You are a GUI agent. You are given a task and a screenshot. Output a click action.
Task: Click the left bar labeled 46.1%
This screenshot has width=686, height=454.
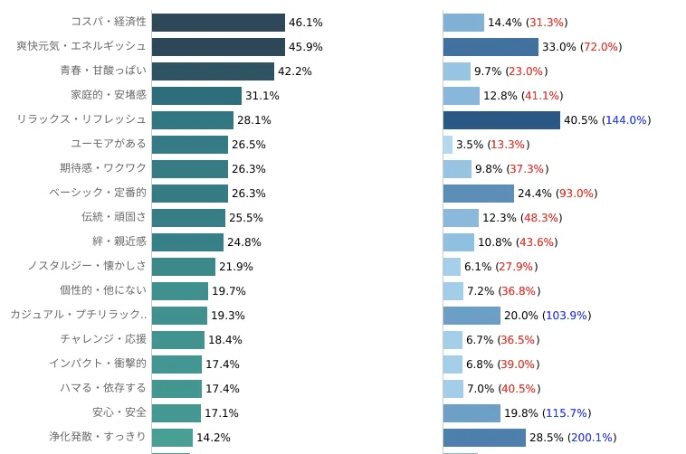(218, 23)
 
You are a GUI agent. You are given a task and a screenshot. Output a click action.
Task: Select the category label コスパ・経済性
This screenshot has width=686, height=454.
(109, 22)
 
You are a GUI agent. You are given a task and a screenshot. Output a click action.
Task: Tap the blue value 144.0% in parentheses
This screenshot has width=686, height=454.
(626, 120)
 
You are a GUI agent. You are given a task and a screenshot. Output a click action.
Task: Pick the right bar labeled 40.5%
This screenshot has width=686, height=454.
(501, 120)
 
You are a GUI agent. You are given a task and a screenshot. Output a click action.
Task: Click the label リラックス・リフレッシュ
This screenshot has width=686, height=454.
(81, 119)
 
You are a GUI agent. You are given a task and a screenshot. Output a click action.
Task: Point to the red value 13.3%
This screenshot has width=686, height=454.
(508, 145)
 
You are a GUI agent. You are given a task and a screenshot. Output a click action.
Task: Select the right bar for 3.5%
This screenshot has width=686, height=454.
(448, 145)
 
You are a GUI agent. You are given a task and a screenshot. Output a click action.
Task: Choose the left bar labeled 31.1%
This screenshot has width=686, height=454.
(197, 96)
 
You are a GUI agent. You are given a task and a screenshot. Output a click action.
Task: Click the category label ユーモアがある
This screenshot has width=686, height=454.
(109, 144)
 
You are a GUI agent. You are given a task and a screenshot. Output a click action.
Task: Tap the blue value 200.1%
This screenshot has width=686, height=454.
(592, 438)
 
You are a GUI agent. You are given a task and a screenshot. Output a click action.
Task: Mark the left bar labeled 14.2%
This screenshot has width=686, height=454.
(172, 438)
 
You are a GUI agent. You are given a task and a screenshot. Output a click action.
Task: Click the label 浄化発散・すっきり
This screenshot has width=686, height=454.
(98, 437)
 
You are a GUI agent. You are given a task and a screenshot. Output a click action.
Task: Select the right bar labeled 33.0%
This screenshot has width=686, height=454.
(491, 47)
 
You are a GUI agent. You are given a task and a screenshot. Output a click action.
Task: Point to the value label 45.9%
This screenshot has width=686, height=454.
(306, 47)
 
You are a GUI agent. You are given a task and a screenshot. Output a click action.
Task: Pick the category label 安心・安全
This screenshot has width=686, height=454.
(119, 412)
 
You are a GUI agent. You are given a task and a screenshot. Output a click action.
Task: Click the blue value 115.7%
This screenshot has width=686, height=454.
(567, 413)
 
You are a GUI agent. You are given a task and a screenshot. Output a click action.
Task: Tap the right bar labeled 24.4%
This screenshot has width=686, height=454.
(479, 194)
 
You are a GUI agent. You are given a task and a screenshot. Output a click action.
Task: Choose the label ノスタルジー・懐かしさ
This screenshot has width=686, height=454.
(87, 266)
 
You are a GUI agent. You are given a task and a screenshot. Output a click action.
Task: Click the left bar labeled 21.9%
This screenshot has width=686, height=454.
(184, 267)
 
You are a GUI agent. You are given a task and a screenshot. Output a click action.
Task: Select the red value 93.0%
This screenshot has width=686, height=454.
(576, 194)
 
